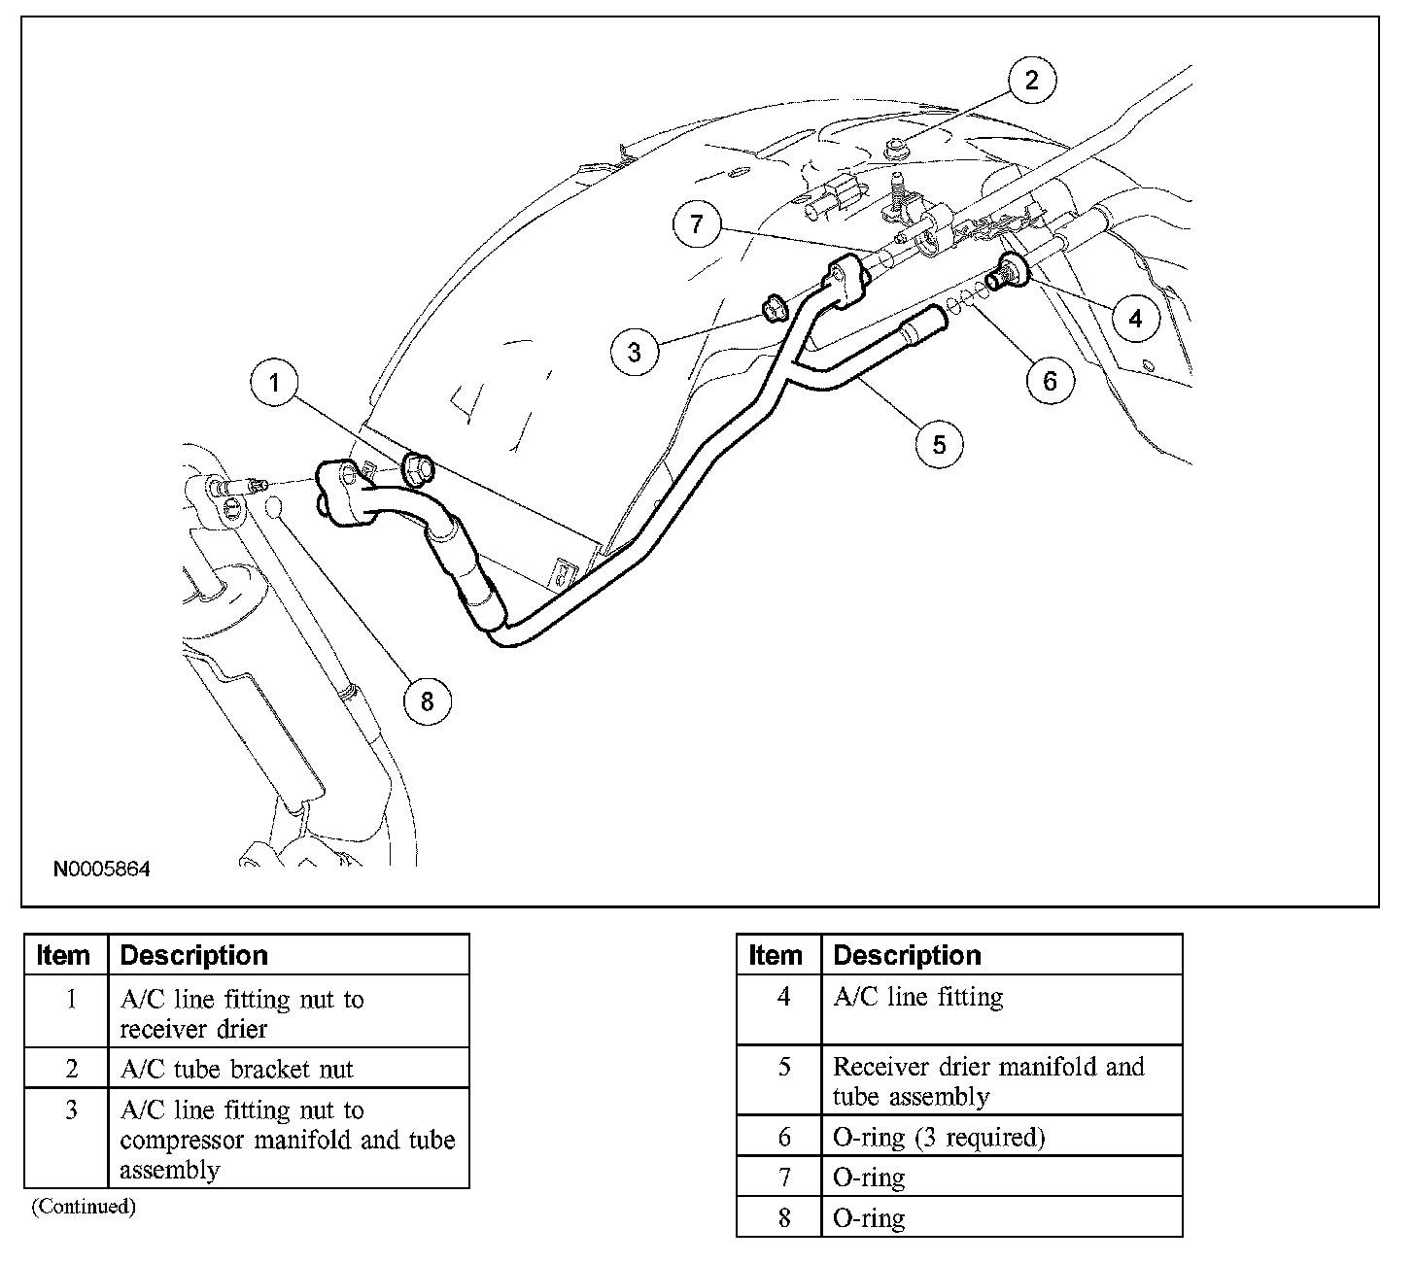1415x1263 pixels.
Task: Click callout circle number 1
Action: tap(275, 383)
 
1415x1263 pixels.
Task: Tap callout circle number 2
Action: tap(1031, 80)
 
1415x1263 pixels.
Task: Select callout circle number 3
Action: tap(635, 351)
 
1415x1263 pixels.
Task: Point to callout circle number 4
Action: tap(1135, 317)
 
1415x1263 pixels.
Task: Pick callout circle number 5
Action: tap(939, 443)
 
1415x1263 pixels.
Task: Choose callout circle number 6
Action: tap(1050, 380)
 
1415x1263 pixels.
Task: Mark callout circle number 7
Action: tap(697, 224)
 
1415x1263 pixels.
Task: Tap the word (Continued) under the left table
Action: tap(83, 1207)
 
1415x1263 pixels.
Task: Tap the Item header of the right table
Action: tap(777, 955)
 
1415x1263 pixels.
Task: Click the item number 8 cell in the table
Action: tap(784, 1217)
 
